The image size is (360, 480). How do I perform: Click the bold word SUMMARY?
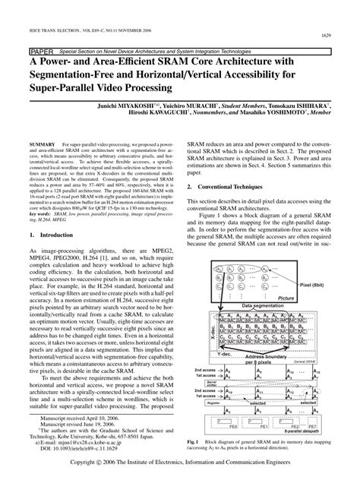[47, 143]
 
